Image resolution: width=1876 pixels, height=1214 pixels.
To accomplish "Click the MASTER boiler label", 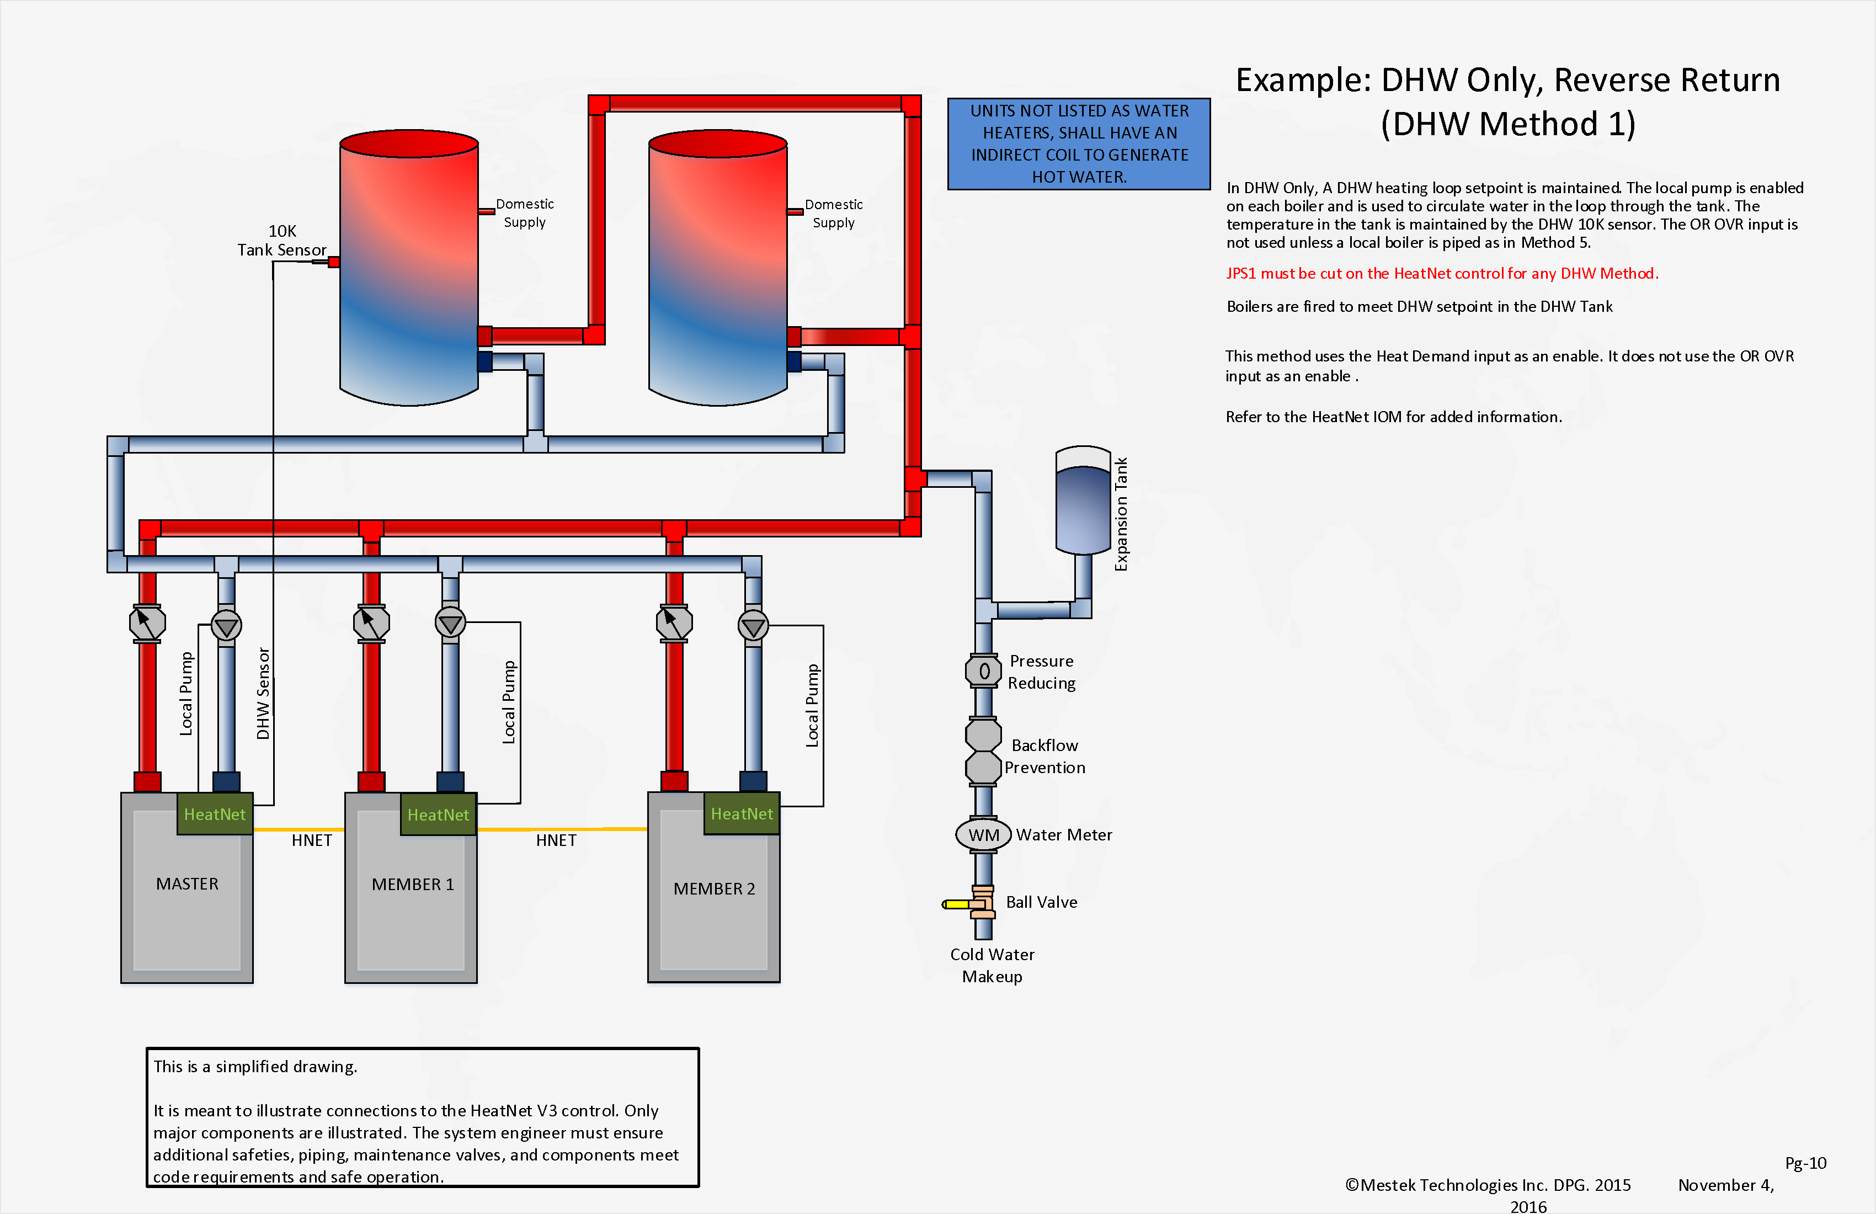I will coord(187,883).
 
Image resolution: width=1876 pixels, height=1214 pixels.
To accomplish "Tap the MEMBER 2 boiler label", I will coord(713,888).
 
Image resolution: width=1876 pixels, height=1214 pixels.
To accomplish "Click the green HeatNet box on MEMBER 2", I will coord(741,813).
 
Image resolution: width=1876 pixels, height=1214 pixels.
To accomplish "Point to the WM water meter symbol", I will coord(983,835).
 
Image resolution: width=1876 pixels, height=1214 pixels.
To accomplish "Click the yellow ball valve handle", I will coord(957,904).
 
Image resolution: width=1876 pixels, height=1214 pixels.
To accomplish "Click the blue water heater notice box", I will coord(1078,143).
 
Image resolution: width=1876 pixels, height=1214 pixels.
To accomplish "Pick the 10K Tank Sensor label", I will coord(281,241).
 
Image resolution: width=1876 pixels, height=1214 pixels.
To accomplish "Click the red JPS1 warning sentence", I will coord(1442,274).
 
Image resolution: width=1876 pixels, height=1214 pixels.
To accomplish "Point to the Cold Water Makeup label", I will coord(992,965).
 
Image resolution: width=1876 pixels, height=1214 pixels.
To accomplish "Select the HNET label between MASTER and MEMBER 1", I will coord(311,840).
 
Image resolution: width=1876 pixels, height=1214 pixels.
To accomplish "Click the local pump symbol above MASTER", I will coord(226,626).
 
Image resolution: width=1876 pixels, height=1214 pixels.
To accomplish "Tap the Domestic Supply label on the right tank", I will coord(833,214).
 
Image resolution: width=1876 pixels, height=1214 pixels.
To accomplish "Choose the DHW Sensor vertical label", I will coord(263,694).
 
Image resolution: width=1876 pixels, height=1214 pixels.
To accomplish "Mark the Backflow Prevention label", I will coord(1044,756).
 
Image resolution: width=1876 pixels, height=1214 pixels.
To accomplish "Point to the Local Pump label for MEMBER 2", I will coord(812,706).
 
